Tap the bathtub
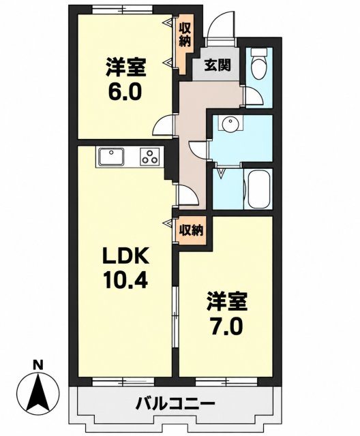[258, 189]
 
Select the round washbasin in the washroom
[230, 123]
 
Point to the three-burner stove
[150, 156]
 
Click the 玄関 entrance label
[217, 65]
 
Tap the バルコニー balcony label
[175, 403]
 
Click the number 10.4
[125, 280]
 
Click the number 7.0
[226, 327]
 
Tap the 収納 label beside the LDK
[191, 230]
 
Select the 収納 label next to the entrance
[184, 35]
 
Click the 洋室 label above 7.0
[227, 301]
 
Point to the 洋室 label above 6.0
[125, 67]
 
